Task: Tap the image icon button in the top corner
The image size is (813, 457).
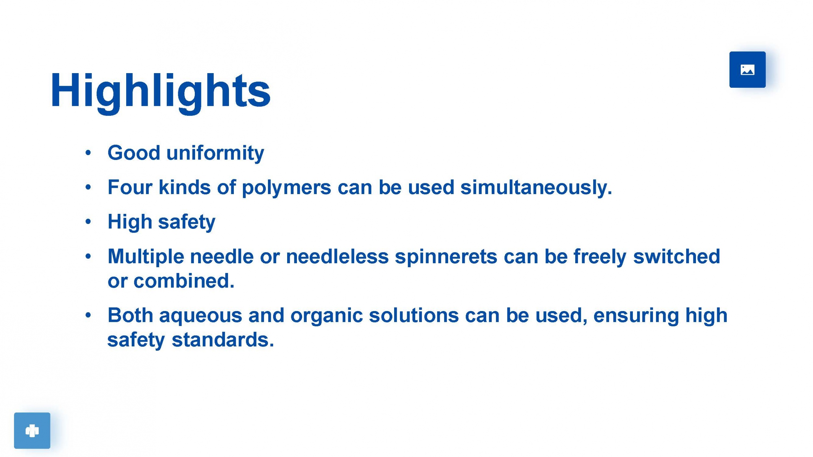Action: [747, 70]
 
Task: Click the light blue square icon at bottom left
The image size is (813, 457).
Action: [32, 430]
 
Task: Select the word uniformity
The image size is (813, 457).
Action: [215, 153]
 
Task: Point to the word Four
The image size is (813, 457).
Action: [130, 188]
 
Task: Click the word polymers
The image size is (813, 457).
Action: [286, 188]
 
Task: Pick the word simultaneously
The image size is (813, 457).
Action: [536, 188]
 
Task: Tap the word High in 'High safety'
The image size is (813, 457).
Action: [130, 222]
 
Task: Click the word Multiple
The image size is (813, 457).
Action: [146, 257]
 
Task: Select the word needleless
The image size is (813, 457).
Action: [337, 256]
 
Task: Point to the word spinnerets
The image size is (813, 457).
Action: [446, 257]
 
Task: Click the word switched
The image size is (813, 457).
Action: [676, 256]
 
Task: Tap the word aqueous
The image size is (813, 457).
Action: [201, 316]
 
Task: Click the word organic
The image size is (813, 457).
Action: [327, 316]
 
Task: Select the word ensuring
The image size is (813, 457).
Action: [636, 316]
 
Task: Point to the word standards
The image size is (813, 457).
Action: [223, 340]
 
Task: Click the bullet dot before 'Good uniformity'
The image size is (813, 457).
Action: [88, 153]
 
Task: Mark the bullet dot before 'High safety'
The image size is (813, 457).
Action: [88, 222]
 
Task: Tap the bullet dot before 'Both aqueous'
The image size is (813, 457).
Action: [88, 315]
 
